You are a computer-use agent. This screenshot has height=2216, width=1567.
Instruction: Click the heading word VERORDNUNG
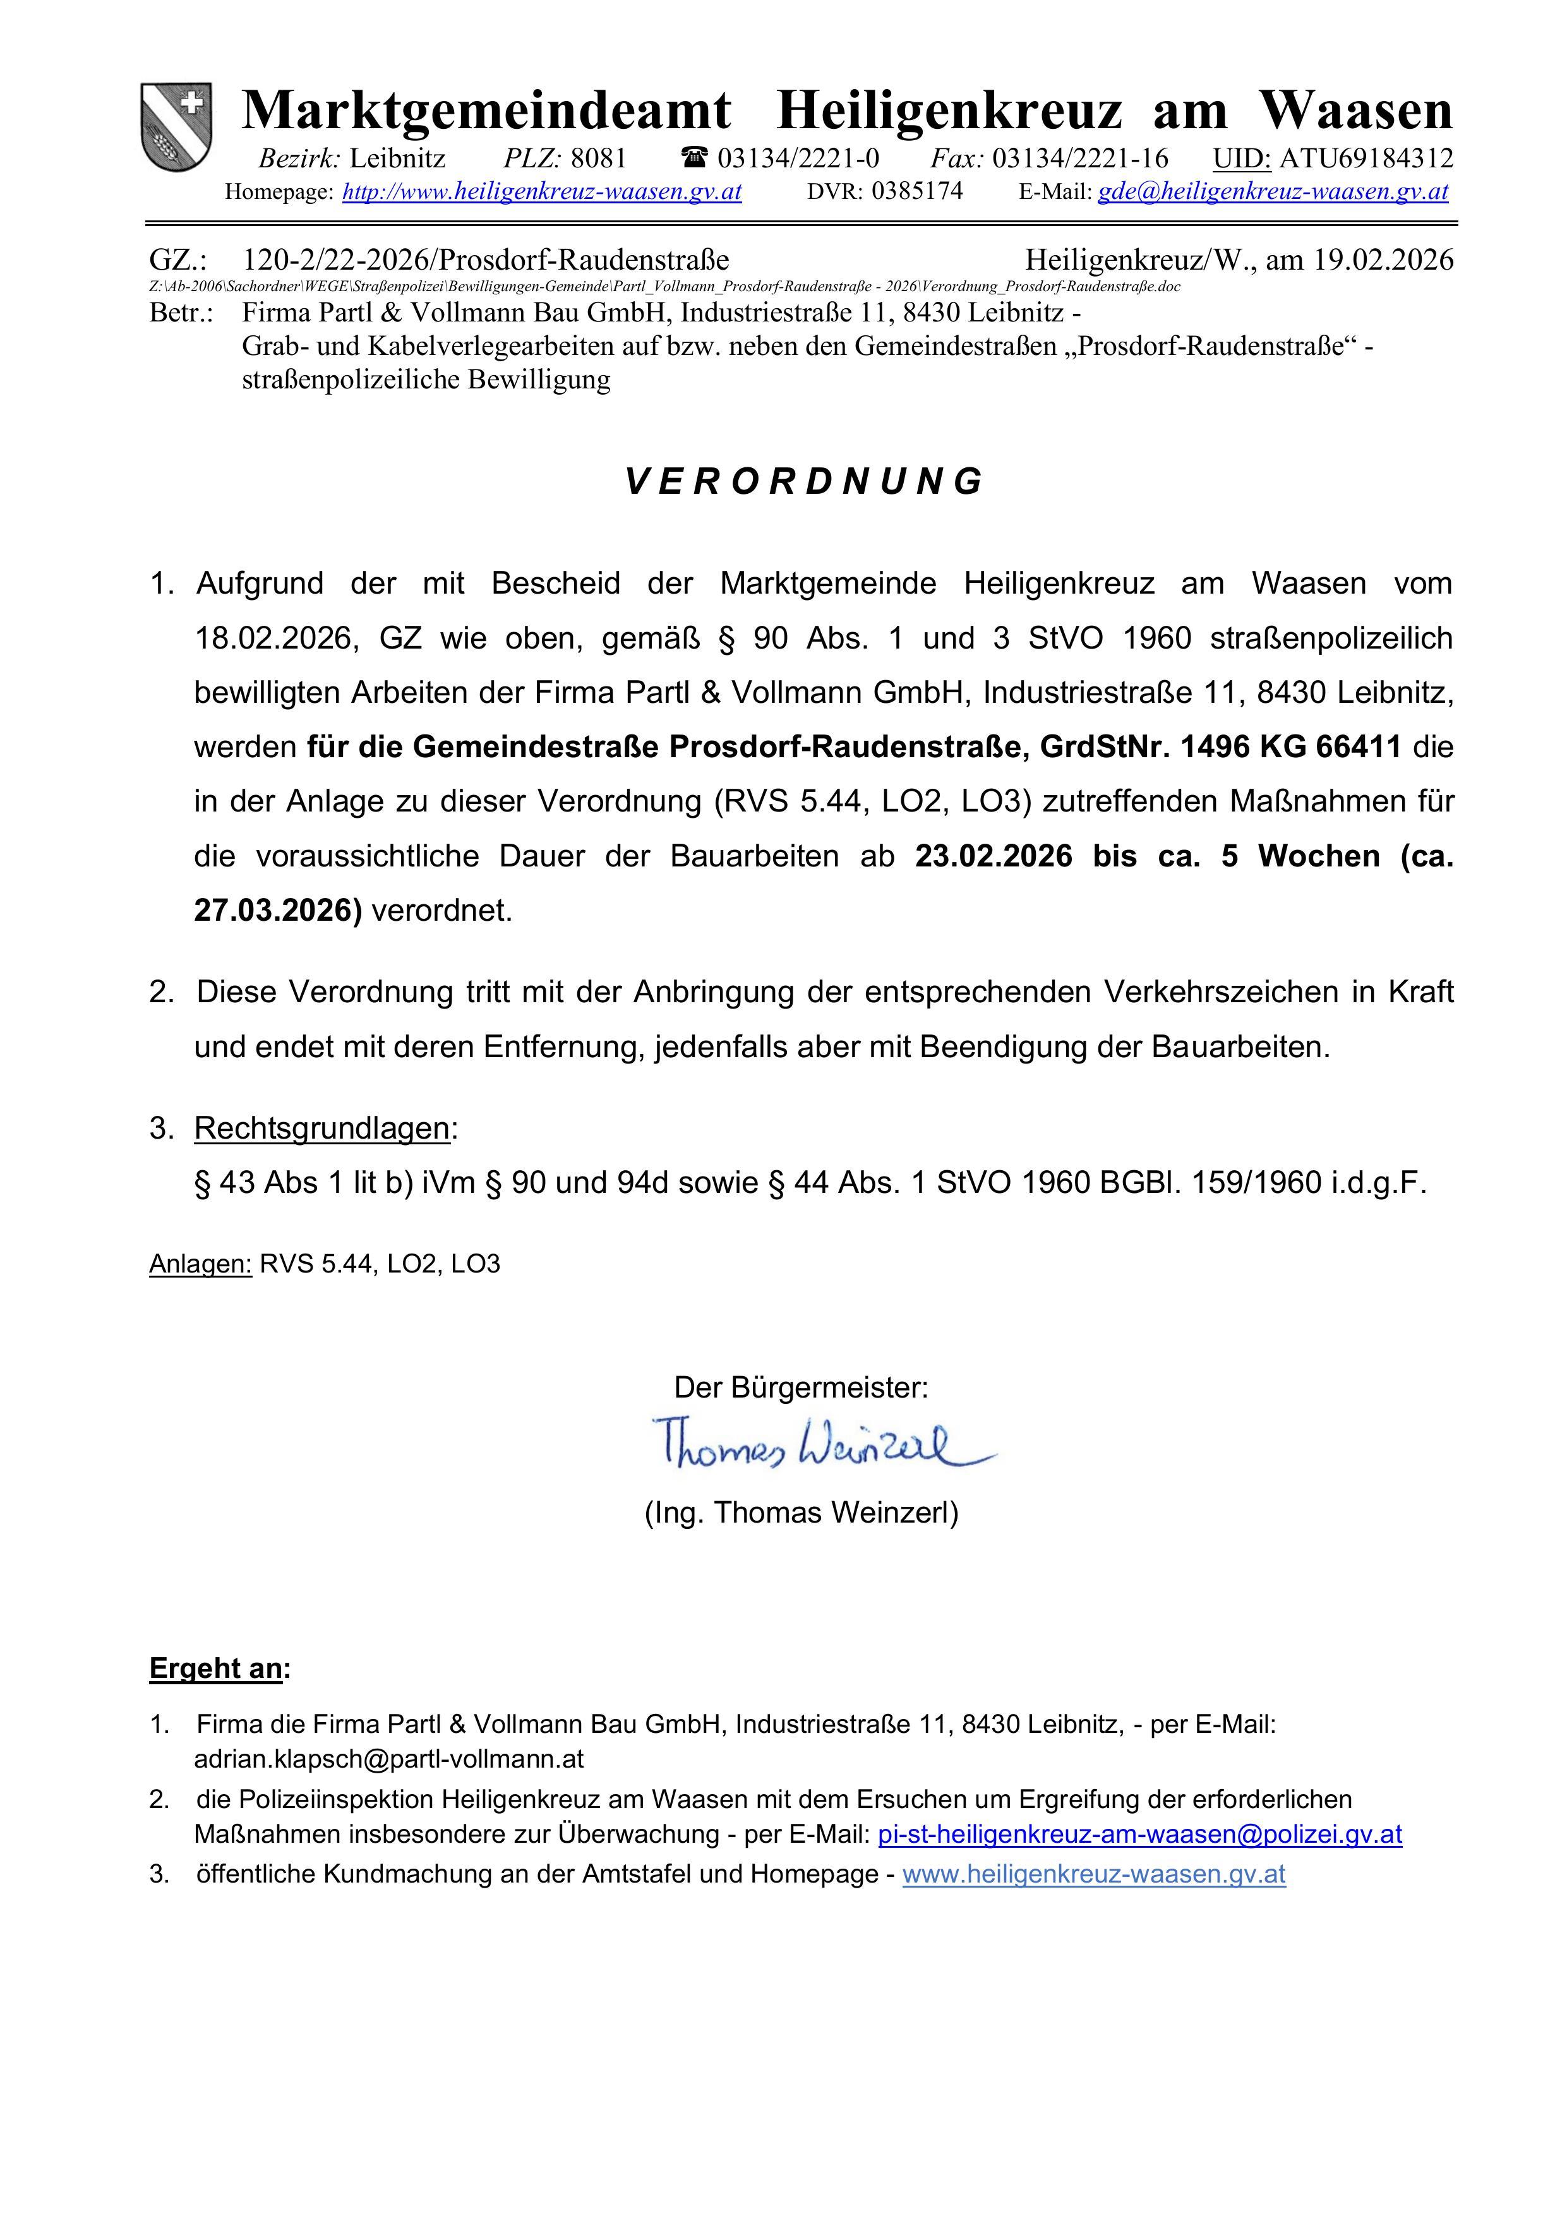pos(803,481)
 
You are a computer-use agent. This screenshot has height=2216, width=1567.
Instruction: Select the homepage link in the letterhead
pos(542,191)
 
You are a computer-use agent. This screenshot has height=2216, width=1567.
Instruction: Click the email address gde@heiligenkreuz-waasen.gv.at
pos(1273,191)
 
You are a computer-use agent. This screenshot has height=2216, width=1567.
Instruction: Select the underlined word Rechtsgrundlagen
pos(321,1127)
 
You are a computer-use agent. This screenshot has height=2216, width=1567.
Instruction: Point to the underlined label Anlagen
pos(200,1264)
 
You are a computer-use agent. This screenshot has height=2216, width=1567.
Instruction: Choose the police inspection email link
pos(1139,1834)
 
